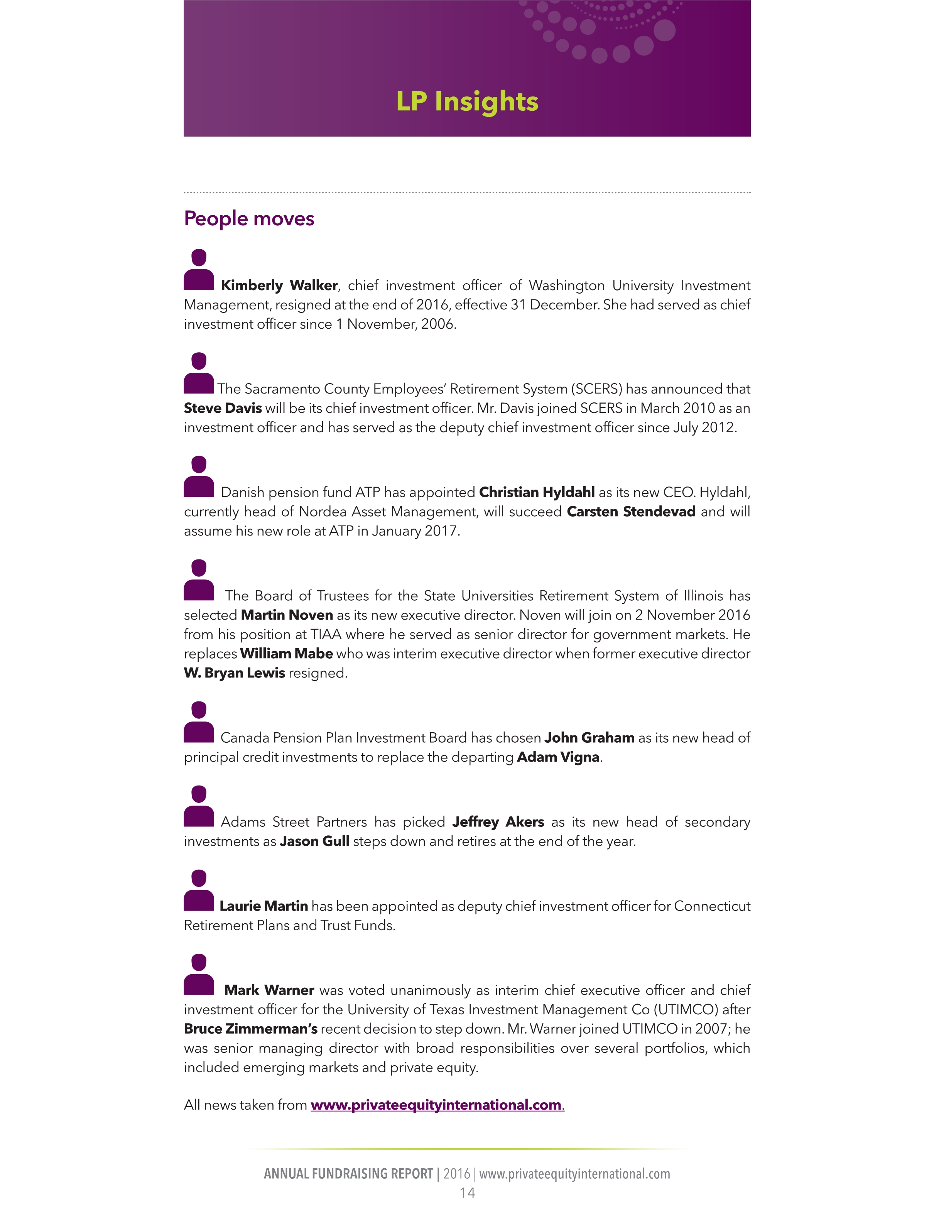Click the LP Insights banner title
coord(467,102)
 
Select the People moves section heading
coord(249,218)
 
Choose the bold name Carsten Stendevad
coord(631,512)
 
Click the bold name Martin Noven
coord(287,615)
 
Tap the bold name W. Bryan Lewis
coord(234,673)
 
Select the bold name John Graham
coord(589,738)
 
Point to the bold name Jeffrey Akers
coord(498,822)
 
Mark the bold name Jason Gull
coord(315,841)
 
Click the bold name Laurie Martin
coord(263,906)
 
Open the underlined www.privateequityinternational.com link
coord(436,1105)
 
